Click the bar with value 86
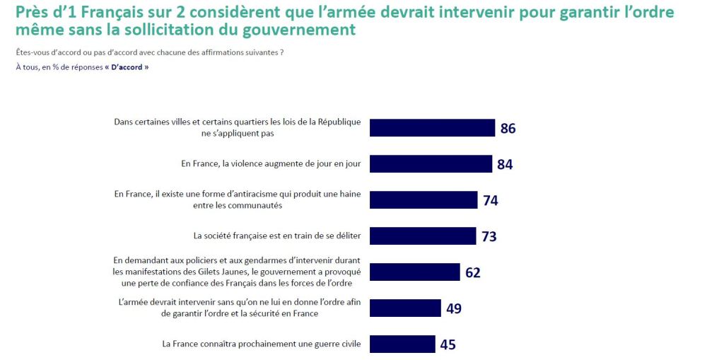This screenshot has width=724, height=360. (x=433, y=127)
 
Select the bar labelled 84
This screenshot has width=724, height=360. (x=431, y=164)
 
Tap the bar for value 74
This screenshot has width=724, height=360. (x=424, y=200)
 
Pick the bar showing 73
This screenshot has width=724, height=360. (x=424, y=236)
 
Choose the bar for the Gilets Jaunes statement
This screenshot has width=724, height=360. (x=415, y=272)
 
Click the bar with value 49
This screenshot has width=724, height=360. (x=406, y=308)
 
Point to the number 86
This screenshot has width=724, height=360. (x=508, y=128)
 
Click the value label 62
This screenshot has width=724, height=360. (x=473, y=272)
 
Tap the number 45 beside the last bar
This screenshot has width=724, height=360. (x=448, y=345)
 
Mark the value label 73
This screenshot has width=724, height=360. (x=489, y=236)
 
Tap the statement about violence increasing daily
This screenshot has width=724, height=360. (x=271, y=164)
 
